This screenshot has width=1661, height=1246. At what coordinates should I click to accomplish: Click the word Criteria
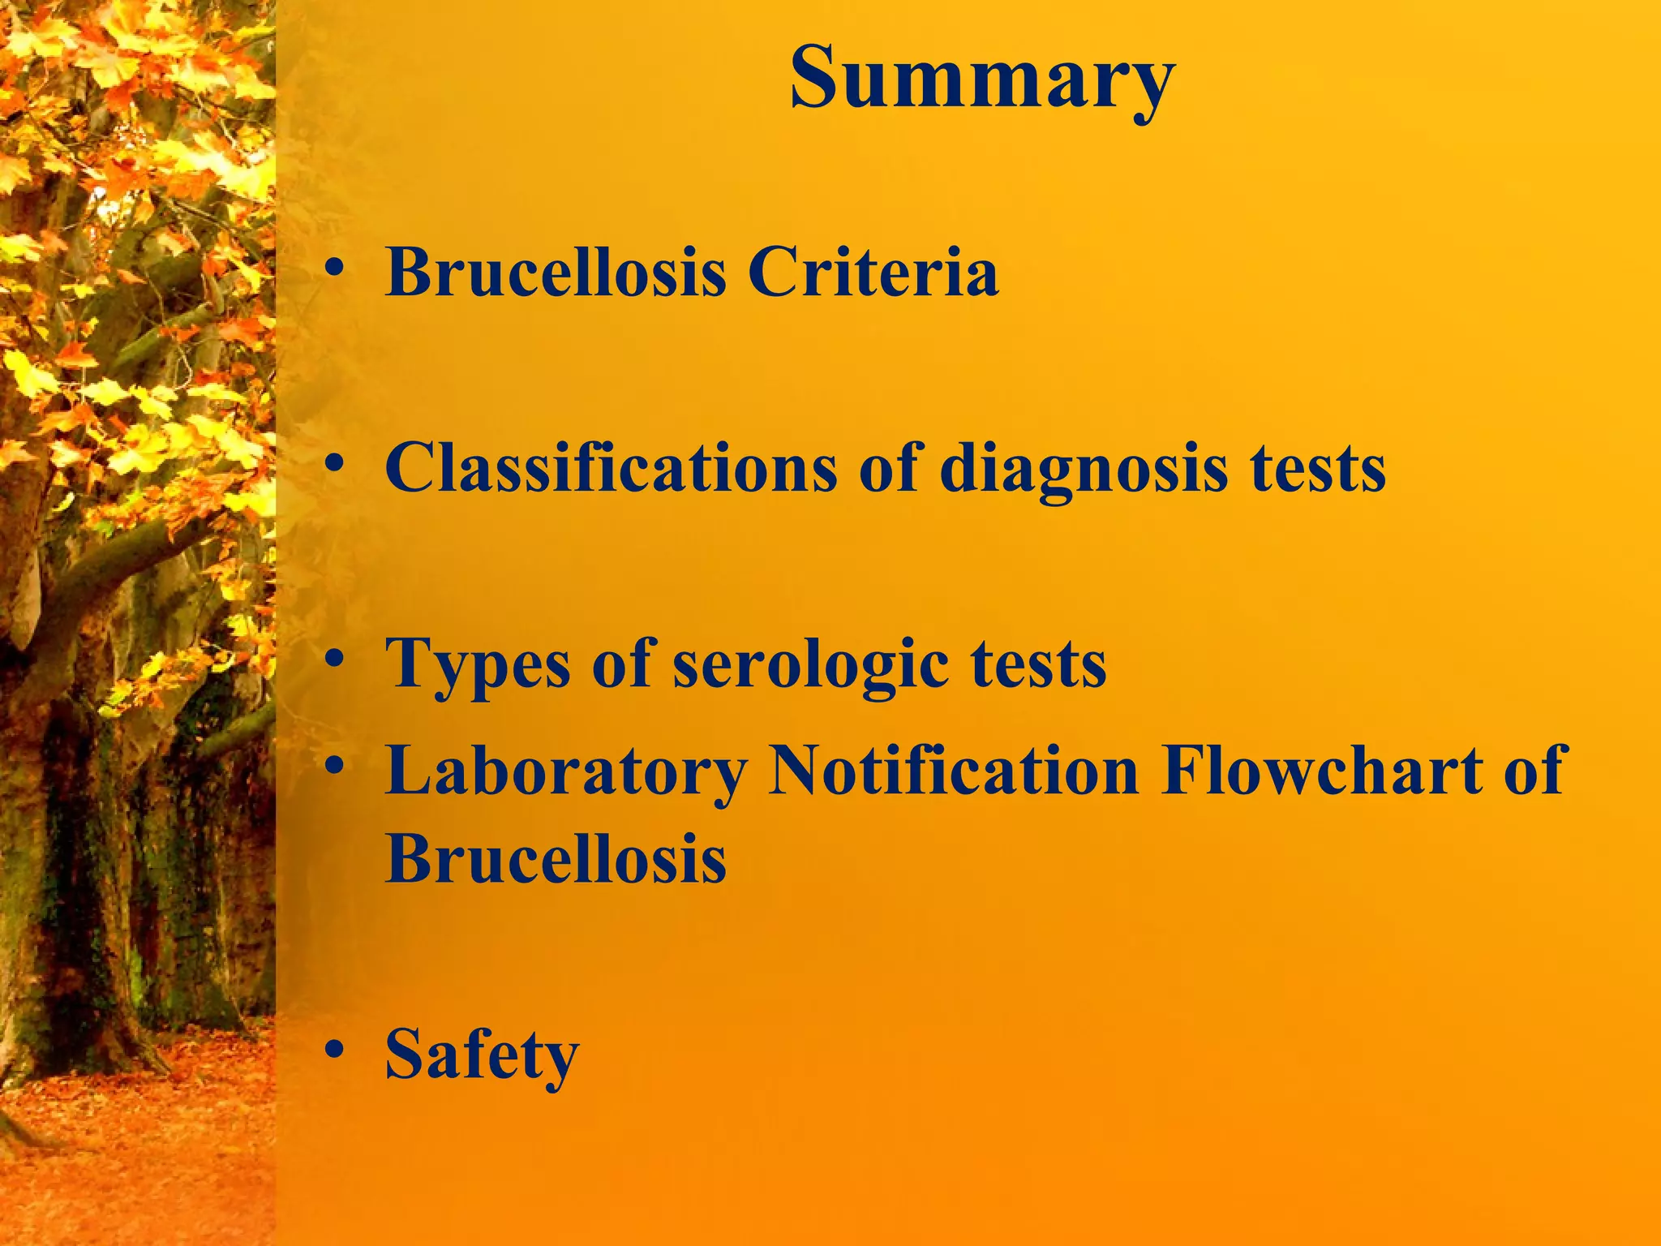coord(873,273)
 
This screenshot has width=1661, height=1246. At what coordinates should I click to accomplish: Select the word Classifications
coord(611,468)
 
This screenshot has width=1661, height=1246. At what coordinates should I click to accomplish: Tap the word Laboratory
coord(565,771)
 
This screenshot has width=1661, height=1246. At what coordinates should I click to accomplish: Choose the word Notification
coord(954,771)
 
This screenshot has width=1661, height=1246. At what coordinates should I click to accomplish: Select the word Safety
coord(482,1055)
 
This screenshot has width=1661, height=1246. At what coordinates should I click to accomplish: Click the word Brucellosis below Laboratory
coord(556,858)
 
